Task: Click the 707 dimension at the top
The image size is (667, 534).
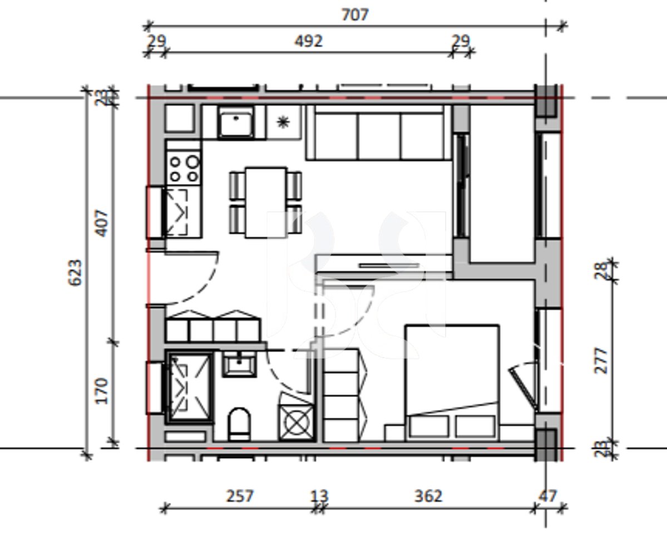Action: pos(355,15)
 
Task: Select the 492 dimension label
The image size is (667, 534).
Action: pos(308,41)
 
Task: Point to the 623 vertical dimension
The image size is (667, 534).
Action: pos(75,273)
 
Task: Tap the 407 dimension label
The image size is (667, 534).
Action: pos(102,223)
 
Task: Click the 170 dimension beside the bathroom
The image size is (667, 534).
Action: pos(102,390)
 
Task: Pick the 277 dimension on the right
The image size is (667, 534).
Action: pos(601,360)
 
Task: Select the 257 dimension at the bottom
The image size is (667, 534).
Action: pos(240,496)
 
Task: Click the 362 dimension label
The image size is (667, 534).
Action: pos(428,496)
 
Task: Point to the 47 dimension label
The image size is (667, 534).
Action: pos(547,496)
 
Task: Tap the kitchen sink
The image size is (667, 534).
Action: pos(236,122)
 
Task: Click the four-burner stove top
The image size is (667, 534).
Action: pos(184,169)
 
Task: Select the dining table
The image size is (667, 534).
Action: pos(266,202)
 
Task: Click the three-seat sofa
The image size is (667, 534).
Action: pos(379,133)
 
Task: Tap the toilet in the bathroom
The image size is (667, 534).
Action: pos(240,424)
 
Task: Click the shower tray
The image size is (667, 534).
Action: pos(190,387)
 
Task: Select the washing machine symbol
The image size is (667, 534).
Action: pos(297,422)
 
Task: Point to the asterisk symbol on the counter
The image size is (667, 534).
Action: pos(283,122)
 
